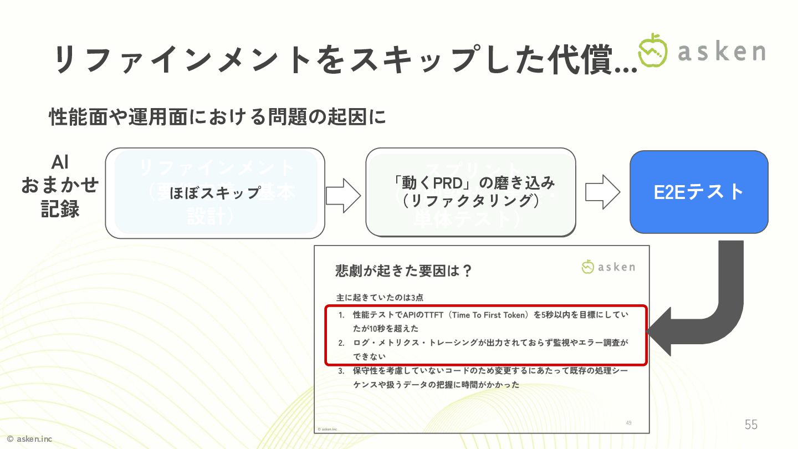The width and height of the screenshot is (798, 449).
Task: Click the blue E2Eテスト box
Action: [x=699, y=192]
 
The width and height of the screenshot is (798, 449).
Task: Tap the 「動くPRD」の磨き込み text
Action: [x=470, y=183]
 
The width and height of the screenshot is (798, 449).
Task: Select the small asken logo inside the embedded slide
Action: [x=608, y=267]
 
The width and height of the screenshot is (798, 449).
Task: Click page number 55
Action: [x=751, y=425]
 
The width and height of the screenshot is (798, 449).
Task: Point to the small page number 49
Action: [x=628, y=423]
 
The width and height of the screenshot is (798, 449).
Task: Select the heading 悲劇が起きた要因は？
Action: [x=403, y=271]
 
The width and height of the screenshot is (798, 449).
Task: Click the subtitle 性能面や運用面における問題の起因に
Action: [x=217, y=117]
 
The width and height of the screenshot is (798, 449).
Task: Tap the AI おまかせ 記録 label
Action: [x=60, y=186]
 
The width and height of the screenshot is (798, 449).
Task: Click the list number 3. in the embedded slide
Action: [x=342, y=371]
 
